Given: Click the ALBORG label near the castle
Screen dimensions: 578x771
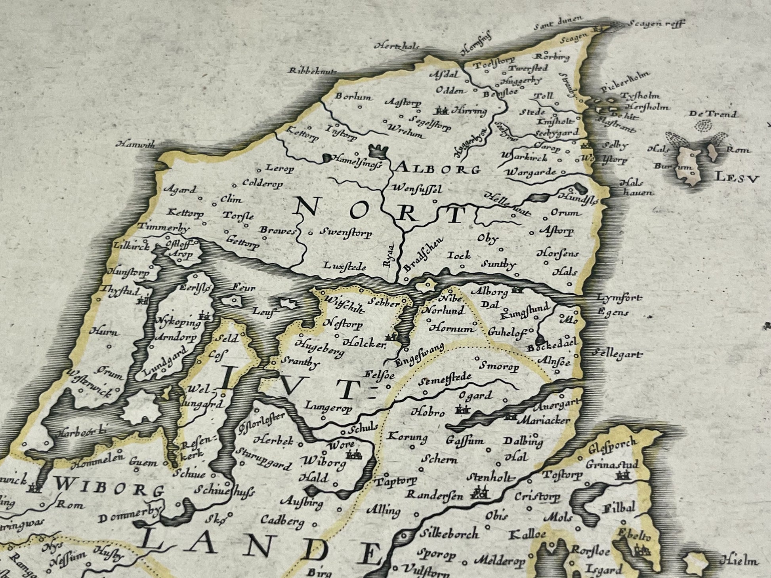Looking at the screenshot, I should coord(438,169).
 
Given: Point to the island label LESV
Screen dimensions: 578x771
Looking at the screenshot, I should coord(737,179).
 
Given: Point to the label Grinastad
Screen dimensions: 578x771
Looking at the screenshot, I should coord(612,464).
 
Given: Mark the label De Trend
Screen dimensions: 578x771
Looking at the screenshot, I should coord(713,114).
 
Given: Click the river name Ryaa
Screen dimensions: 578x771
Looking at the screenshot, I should coord(388,256).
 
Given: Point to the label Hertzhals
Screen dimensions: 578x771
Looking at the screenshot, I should coord(396,46).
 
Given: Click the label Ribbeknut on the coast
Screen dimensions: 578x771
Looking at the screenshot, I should coord(313,71).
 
